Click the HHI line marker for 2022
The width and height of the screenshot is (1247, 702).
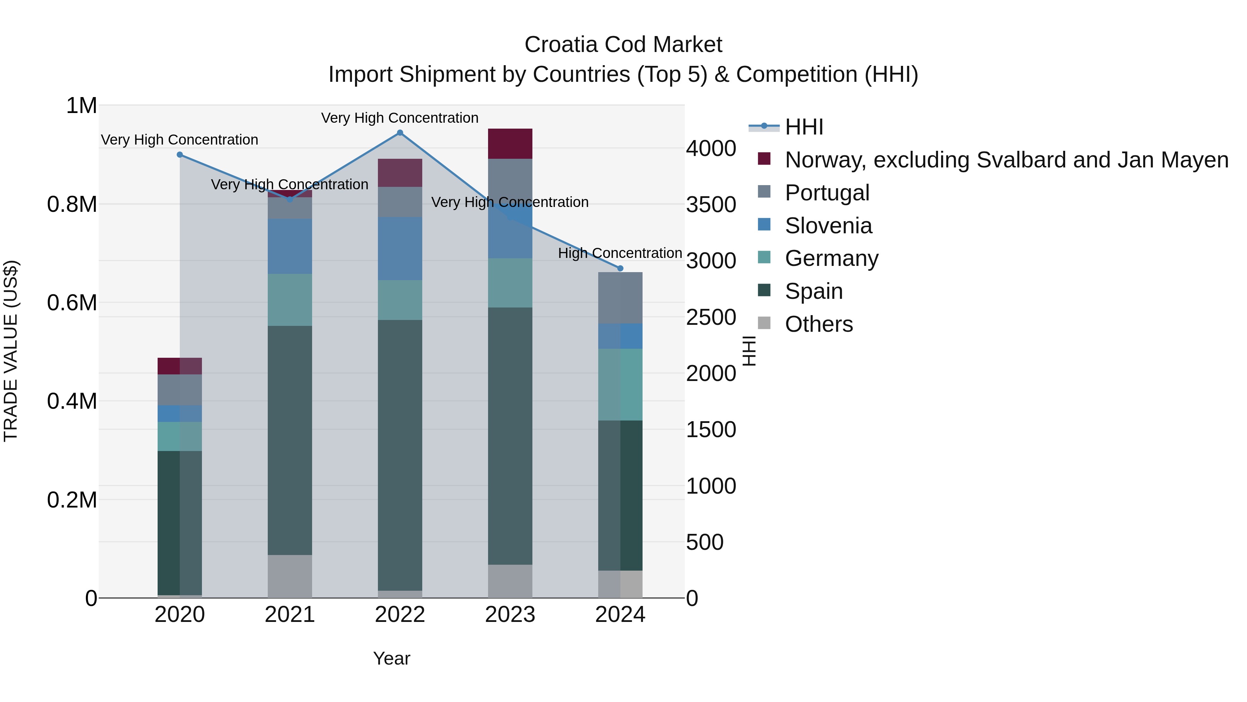pos(400,133)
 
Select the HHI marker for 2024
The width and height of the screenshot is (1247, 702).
pos(620,268)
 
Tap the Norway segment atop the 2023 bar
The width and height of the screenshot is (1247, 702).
pos(510,144)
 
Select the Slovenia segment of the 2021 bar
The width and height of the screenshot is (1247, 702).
pos(290,246)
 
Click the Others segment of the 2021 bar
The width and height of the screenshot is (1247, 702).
pos(290,576)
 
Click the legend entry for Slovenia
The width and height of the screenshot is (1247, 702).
pos(828,226)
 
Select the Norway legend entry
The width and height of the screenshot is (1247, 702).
pos(1006,160)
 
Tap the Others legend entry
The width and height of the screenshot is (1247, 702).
pos(818,324)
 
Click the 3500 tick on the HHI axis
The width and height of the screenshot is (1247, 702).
pos(711,205)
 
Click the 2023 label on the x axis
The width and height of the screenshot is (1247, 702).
pos(510,615)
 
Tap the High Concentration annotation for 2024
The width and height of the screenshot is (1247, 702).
pos(620,253)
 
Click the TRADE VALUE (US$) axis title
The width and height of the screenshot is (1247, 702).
pos(11,351)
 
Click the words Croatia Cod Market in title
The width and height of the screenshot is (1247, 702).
pos(623,45)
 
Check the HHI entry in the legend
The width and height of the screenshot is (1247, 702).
pos(804,127)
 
